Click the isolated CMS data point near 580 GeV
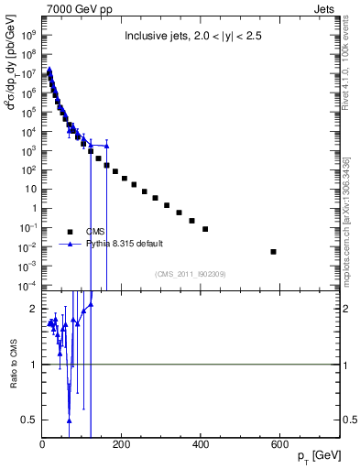tap(273, 251)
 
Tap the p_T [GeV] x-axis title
tap(314, 455)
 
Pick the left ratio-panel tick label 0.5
tap(28, 420)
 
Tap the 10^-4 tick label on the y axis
tap(27, 286)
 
